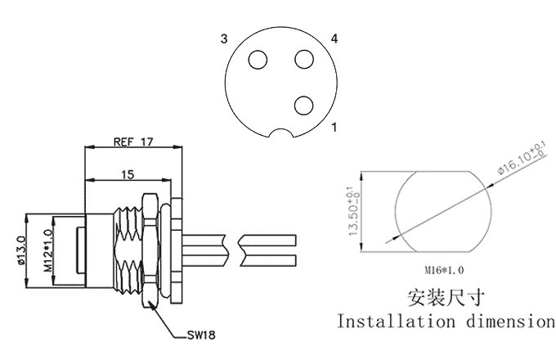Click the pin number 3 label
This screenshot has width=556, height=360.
tap(222, 38)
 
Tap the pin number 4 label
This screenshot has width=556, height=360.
tap(334, 38)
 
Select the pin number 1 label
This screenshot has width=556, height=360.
tap(334, 128)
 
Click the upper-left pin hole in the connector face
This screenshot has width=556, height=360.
tap(259, 60)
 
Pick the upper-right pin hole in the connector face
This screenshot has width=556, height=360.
tap(304, 60)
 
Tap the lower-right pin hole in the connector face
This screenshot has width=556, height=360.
tap(304, 105)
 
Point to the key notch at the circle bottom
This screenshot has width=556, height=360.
tap(282, 134)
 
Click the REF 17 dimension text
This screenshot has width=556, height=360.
tap(134, 142)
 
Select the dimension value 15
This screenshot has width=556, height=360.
tap(127, 173)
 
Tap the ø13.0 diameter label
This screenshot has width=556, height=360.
tap(21, 251)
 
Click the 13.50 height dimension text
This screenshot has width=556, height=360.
tap(353, 212)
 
